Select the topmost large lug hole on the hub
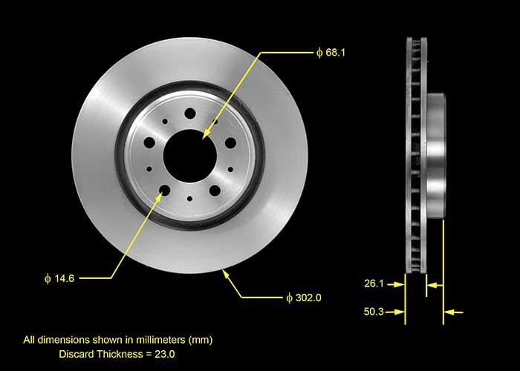point(189,113)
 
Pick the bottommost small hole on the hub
point(190,198)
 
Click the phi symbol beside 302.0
point(289,298)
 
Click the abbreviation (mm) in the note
point(200,341)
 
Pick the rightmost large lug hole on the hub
point(230,142)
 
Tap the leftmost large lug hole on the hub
point(150,142)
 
